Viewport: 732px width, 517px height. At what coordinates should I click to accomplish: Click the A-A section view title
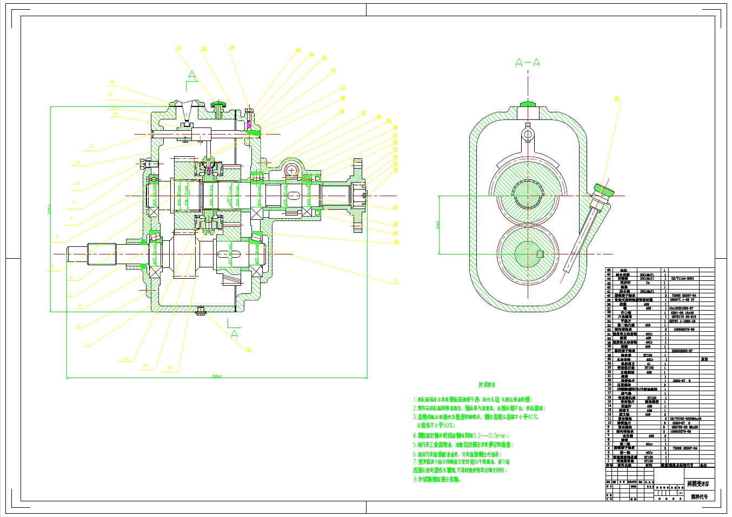[527, 63]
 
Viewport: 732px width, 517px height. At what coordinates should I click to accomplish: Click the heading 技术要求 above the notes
[486, 385]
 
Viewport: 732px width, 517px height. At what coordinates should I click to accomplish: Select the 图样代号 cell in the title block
[699, 496]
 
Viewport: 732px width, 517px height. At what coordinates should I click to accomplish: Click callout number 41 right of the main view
[396, 280]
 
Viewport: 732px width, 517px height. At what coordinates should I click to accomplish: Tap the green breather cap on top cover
[219, 103]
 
